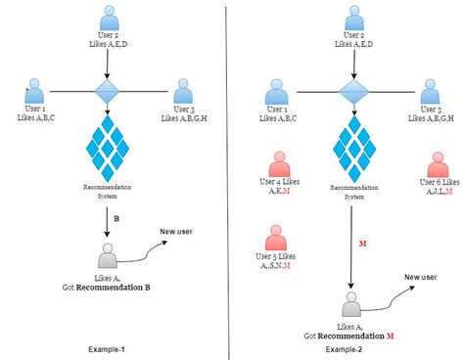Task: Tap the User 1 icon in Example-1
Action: [36, 91]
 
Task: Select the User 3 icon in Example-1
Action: [183, 91]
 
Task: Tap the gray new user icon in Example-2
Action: [349, 304]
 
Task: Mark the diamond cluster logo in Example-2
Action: [350, 144]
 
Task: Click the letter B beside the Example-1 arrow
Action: [116, 218]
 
